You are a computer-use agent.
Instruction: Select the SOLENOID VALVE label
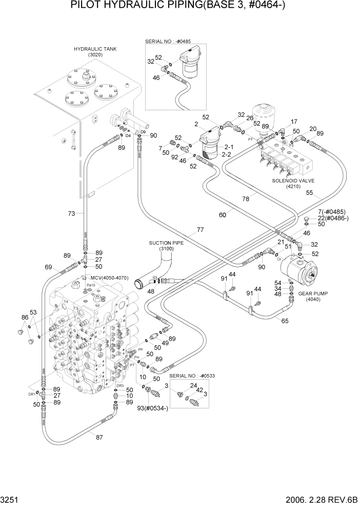(294, 181)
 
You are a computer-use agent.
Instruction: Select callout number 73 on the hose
(72, 212)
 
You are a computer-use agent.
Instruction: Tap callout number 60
(222, 215)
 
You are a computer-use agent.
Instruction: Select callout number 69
(48, 267)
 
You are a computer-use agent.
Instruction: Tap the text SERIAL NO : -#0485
(174, 41)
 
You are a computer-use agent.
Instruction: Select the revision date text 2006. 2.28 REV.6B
(312, 500)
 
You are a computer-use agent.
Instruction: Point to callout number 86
(24, 318)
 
